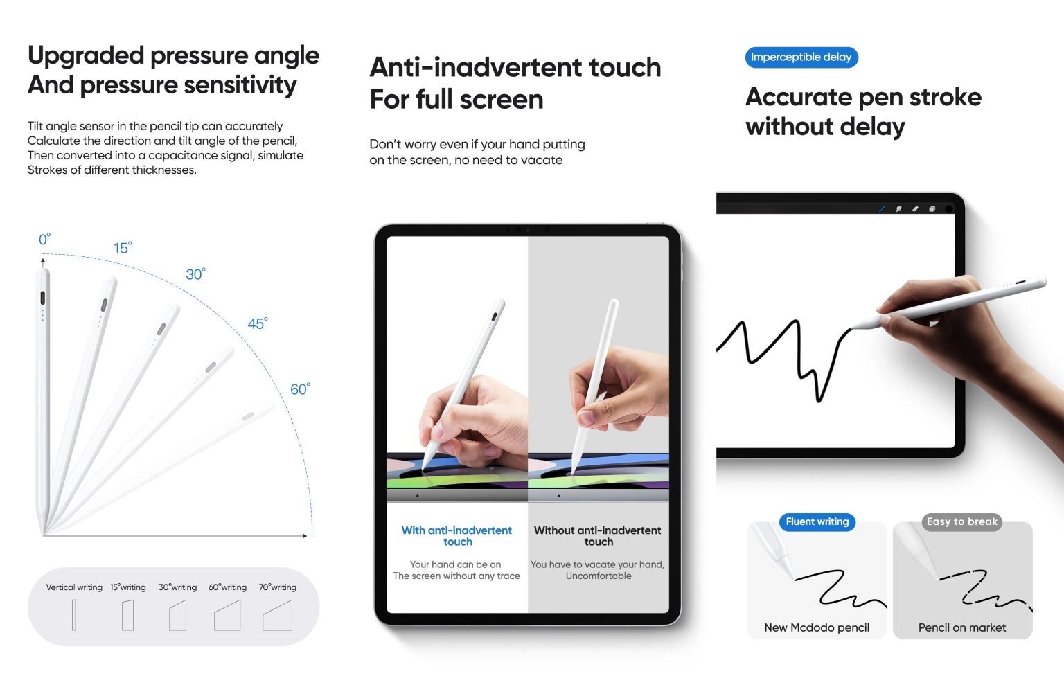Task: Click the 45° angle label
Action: pos(258,323)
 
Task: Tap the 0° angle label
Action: pos(44,239)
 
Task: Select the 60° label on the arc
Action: pos(300,389)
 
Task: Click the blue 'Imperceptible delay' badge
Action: pos(801,57)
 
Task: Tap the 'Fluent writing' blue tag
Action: pos(817,521)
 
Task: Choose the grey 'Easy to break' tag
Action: pos(962,521)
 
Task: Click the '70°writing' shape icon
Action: pos(277,615)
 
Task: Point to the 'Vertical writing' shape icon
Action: pos(74,615)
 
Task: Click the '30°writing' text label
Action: pos(177,587)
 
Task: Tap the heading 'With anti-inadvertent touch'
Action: pos(456,535)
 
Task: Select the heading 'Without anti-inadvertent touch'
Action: pos(598,535)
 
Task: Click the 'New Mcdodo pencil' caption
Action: pos(817,627)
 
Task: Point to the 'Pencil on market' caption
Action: pos(962,627)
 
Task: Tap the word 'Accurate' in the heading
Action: pos(799,97)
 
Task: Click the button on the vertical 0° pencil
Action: pos(43,298)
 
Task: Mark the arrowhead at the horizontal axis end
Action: pos(305,535)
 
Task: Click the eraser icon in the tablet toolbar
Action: pos(915,208)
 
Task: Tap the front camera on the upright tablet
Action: pos(547,229)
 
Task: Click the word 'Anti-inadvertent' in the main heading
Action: pos(475,66)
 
